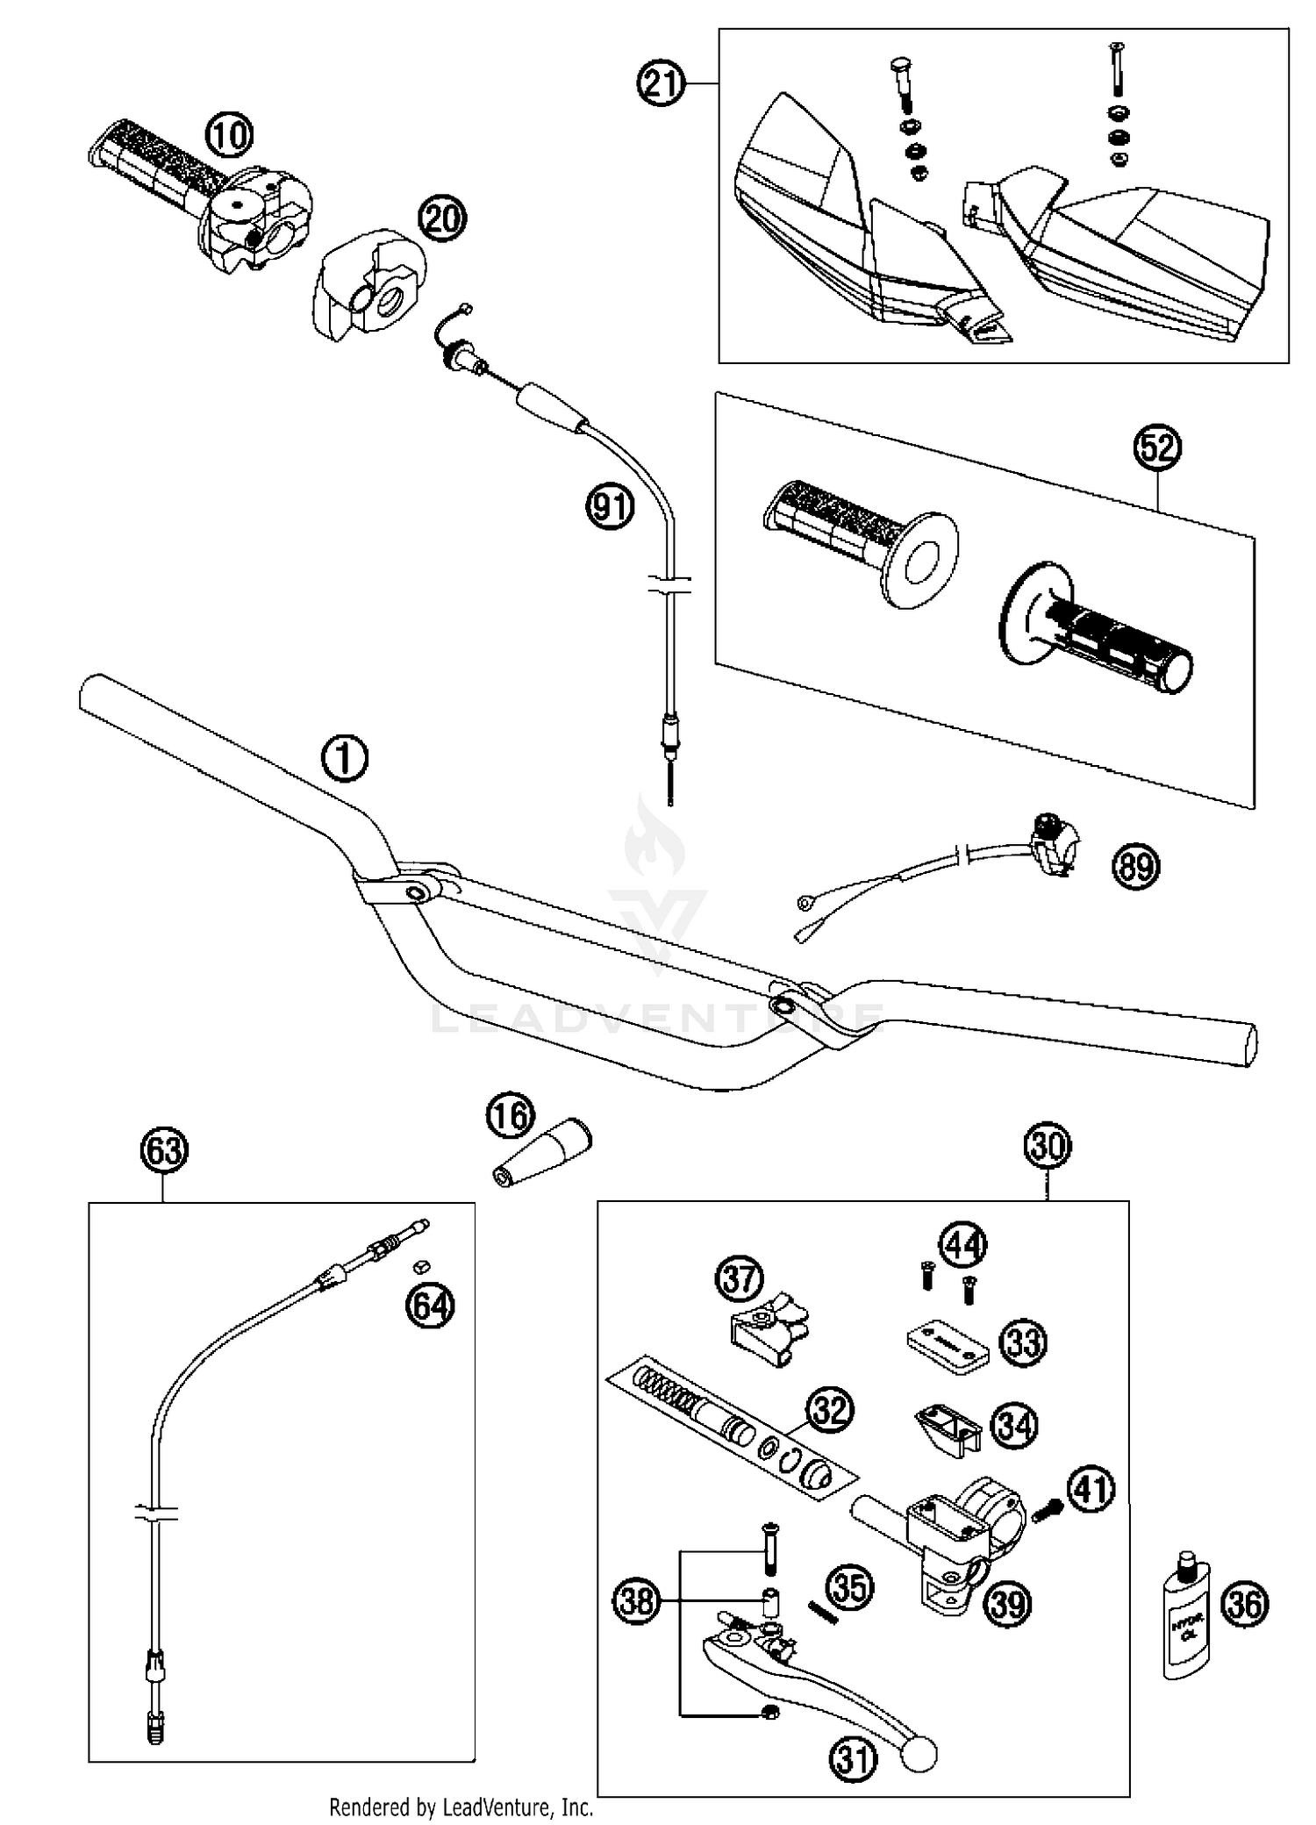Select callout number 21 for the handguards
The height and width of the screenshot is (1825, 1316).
click(x=660, y=83)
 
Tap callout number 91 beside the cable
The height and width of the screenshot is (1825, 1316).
click(x=610, y=507)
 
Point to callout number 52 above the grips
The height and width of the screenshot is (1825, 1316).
click(x=1157, y=448)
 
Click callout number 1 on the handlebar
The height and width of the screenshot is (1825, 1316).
click(x=345, y=758)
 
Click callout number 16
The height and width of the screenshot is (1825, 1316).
click(x=510, y=1117)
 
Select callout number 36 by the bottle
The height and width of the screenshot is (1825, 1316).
click(x=1246, y=1604)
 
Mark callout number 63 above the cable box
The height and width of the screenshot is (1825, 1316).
click(x=164, y=1150)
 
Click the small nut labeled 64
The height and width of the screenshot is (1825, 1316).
click(x=420, y=1266)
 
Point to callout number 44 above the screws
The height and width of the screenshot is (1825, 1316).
click(x=962, y=1245)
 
